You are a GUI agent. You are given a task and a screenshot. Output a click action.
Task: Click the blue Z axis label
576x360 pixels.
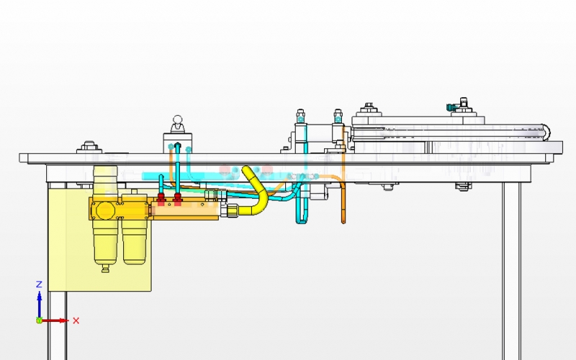tap(39, 284)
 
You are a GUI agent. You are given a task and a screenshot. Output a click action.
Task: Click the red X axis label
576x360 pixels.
tap(76, 320)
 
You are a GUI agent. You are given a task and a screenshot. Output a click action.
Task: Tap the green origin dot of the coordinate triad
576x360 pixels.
tap(40, 320)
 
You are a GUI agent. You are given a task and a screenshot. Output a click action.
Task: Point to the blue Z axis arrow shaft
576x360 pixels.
tap(40, 305)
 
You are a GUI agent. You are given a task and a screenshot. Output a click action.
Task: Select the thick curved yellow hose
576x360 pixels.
tap(259, 193)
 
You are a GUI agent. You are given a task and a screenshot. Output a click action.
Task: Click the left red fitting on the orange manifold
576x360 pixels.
tap(161, 199)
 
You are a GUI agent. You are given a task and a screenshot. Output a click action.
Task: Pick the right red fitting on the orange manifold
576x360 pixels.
tap(177, 199)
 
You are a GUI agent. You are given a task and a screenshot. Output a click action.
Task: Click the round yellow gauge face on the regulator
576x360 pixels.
tap(105, 210)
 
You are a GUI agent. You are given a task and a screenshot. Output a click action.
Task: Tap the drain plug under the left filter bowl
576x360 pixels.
tap(105, 269)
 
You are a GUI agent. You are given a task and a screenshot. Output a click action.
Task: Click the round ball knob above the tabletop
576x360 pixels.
tap(178, 120)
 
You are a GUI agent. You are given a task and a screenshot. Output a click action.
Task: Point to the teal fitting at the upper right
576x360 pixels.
tap(451, 107)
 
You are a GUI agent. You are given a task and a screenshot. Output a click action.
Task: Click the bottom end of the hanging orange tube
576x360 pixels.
tap(343, 222)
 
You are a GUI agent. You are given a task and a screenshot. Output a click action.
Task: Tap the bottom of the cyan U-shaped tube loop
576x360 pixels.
tap(302, 222)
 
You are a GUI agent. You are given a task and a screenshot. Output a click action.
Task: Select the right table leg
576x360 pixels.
tap(512, 271)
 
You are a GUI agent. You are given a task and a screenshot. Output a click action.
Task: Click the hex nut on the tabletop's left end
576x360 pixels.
tap(89, 146)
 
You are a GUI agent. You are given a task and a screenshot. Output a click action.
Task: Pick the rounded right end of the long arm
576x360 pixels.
tap(546, 132)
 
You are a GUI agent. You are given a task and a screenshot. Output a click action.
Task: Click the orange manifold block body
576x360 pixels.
tap(186, 210)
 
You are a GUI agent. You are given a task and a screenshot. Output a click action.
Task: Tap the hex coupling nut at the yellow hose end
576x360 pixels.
tap(232, 210)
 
